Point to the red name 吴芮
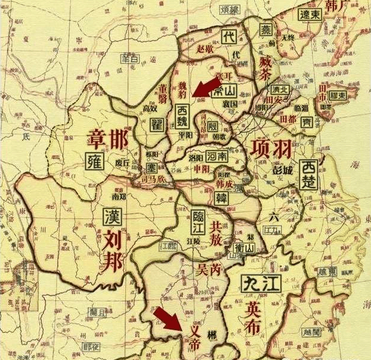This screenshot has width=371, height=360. pos(208,270)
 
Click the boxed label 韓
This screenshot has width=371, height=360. pos(221,197)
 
